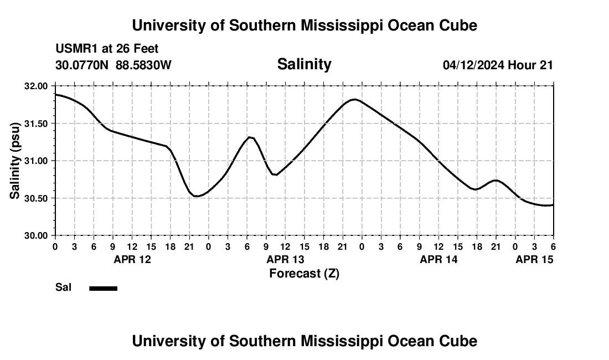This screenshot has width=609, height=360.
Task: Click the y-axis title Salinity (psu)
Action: [x=15, y=161]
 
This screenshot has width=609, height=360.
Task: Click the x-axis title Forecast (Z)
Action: [x=304, y=273]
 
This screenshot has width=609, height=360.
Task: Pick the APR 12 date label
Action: [x=132, y=259]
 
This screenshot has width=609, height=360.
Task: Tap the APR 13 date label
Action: [x=285, y=259]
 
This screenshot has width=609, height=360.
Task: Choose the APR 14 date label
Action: [x=438, y=259]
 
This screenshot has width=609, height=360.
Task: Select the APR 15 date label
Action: [x=534, y=259]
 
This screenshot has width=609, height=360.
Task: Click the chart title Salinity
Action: [x=304, y=64]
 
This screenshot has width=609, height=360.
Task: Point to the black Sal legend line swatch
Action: [x=104, y=288]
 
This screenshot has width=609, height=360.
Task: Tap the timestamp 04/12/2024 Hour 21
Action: [x=498, y=65]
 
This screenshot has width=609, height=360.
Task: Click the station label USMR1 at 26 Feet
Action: [x=107, y=49]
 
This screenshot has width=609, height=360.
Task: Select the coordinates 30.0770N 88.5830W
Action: [x=113, y=65]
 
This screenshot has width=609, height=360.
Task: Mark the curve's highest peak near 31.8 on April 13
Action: [x=355, y=100]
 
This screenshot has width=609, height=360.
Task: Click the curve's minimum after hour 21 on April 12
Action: [x=197, y=196]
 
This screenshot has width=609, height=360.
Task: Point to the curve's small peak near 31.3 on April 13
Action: [x=250, y=137]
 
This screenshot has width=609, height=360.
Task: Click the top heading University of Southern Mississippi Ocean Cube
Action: [x=304, y=25]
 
